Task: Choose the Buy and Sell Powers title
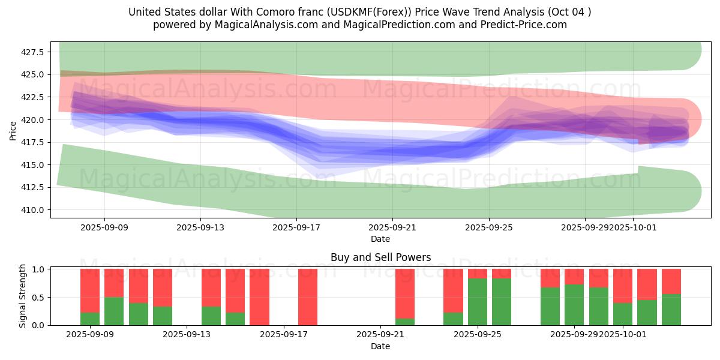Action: click(380, 257)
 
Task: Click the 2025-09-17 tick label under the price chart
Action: click(296, 228)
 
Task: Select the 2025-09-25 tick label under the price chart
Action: click(489, 228)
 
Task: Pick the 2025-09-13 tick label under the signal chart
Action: click(187, 334)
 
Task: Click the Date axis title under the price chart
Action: click(380, 239)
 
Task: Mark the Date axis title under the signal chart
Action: click(380, 346)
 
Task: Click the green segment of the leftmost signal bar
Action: click(90, 319)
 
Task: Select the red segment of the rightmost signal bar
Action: click(671, 281)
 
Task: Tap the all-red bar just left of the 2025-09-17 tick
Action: click(259, 297)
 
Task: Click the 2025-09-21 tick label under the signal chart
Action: click(380, 334)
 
